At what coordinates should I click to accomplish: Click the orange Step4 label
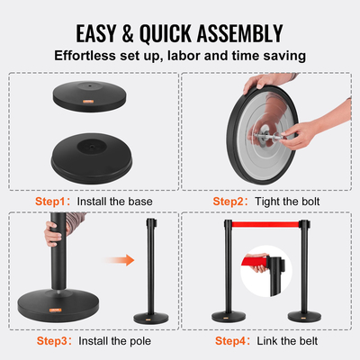coord(232,341)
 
